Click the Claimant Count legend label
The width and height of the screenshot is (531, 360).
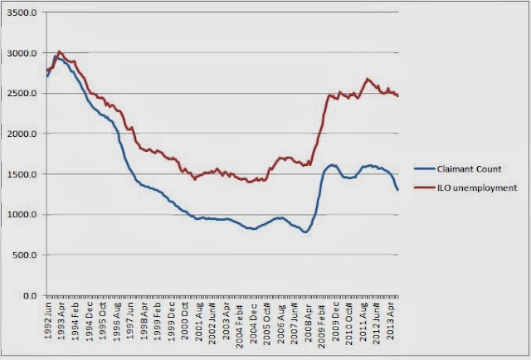coord(469,169)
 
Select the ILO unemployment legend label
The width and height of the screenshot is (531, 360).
coord(477,187)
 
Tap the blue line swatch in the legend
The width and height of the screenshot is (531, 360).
coord(425,168)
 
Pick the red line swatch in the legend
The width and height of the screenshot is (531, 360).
coord(425,187)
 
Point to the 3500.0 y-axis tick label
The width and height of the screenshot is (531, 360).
coord(22,12)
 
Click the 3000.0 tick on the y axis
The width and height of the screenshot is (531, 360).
coord(22,53)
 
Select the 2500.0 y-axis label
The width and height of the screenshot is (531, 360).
coord(22,94)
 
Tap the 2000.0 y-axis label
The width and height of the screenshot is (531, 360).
coord(22,134)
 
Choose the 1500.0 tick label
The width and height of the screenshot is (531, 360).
coord(22,174)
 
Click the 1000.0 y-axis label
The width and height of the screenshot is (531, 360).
coord(22,215)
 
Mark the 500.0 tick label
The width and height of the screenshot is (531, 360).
coord(24,255)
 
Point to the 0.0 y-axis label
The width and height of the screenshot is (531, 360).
coord(30,295)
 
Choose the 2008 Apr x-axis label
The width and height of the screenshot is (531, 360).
coord(308,321)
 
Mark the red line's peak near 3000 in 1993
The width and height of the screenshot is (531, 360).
coord(59,51)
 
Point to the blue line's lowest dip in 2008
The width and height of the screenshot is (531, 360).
coord(305,232)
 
